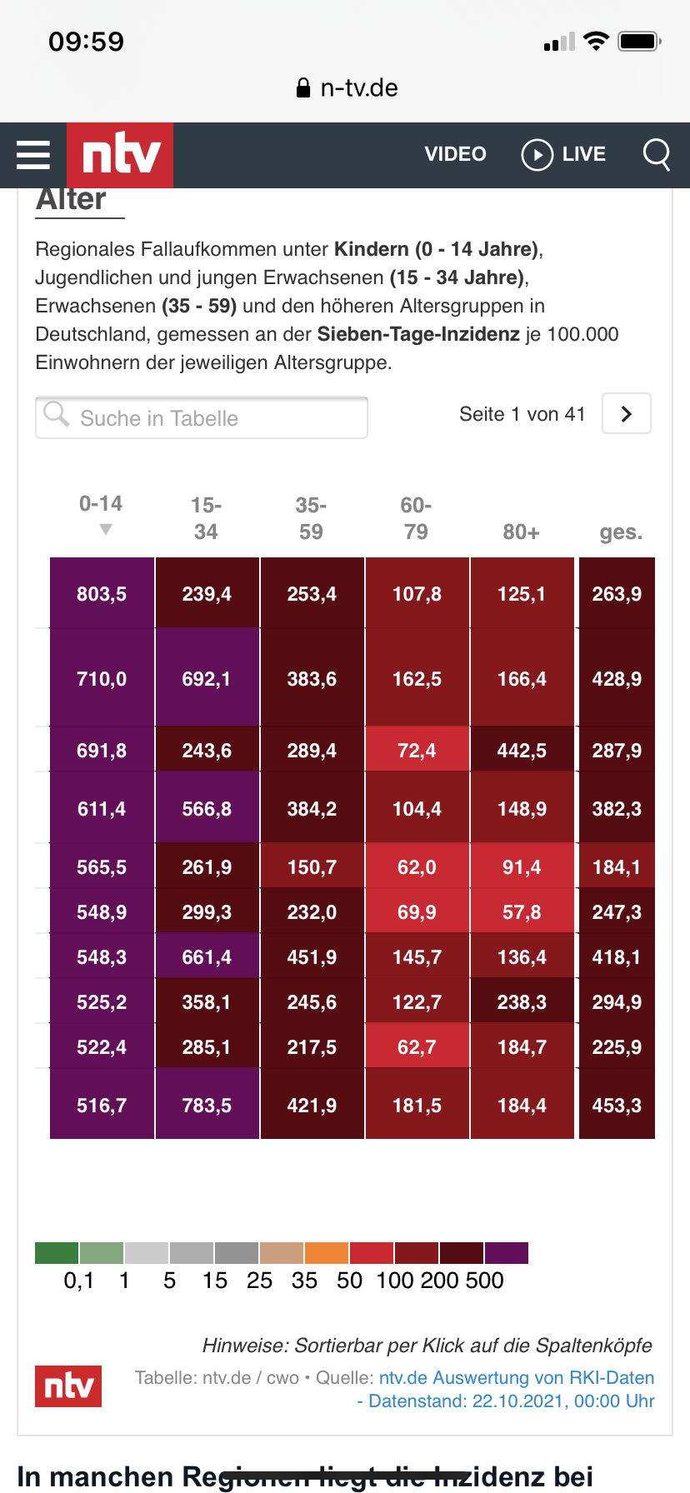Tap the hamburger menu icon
(x=33, y=155)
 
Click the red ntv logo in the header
(x=120, y=155)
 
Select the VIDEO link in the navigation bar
(x=455, y=154)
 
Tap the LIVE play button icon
(x=537, y=155)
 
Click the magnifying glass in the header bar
(x=657, y=154)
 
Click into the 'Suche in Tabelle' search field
(x=202, y=417)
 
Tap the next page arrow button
(x=627, y=414)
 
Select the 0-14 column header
(x=101, y=505)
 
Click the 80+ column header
(x=521, y=532)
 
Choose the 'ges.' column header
(x=621, y=532)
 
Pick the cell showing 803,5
(x=102, y=594)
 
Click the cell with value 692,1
(x=207, y=679)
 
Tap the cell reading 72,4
(x=417, y=751)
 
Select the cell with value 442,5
(x=522, y=751)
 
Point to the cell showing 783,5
(x=207, y=1106)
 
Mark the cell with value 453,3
(x=617, y=1106)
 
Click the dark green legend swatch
(x=57, y=1253)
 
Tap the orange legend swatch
(x=327, y=1253)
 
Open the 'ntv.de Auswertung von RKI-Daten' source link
(x=516, y=1378)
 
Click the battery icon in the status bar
(x=639, y=41)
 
